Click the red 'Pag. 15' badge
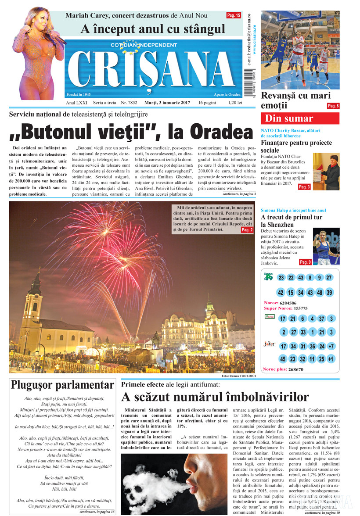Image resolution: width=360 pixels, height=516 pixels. pyautogui.click(x=234, y=15)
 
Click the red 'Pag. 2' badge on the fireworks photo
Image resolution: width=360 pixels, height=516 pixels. pyautogui.click(x=247, y=229)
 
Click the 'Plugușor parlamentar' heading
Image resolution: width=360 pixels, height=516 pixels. pyautogui.click(x=62, y=385)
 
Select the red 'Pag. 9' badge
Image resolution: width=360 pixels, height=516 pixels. pyautogui.click(x=305, y=262)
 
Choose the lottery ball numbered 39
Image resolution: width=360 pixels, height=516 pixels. pyautogui.click(x=329, y=293)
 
